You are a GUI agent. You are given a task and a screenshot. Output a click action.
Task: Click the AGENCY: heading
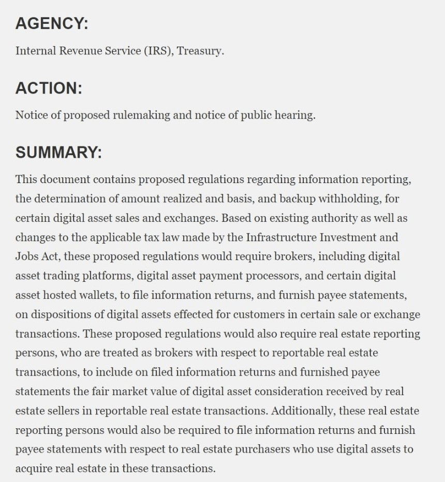click(x=52, y=24)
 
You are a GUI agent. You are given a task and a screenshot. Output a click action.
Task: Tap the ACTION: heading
click(x=49, y=88)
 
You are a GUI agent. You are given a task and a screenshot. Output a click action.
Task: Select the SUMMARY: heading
click(x=58, y=153)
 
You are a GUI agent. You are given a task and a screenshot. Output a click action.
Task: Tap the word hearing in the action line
click(x=295, y=115)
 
